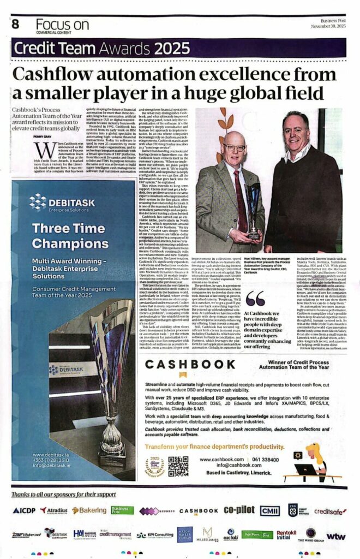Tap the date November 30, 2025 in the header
330,26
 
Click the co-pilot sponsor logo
238,510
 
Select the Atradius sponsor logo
54,510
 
